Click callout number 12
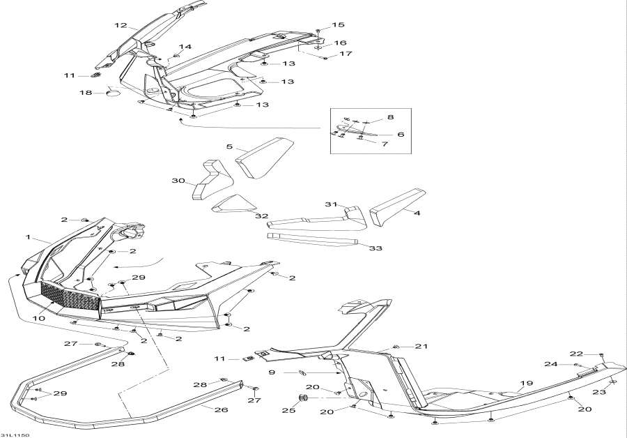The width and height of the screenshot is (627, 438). click(x=121, y=26)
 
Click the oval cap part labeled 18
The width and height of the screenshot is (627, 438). click(x=113, y=92)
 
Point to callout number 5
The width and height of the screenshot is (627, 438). click(x=229, y=147)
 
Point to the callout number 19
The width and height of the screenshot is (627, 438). click(x=525, y=384)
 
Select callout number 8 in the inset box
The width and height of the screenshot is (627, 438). click(x=390, y=117)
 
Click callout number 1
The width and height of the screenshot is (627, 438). click(x=29, y=237)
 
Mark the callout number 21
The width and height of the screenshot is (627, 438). click(x=420, y=347)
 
